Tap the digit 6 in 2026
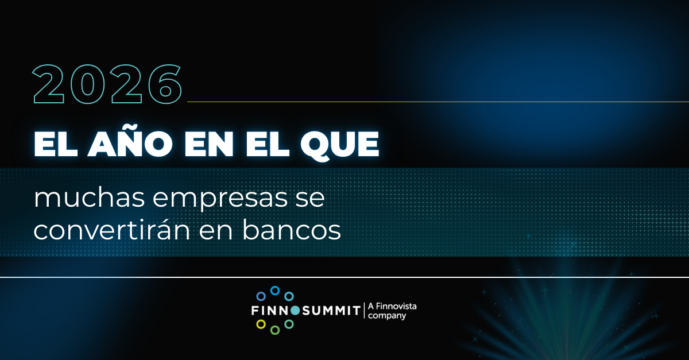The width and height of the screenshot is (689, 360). pyautogui.click(x=165, y=84)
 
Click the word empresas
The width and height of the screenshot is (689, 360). pyautogui.click(x=220, y=200)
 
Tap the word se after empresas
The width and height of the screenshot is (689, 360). pyautogui.click(x=310, y=199)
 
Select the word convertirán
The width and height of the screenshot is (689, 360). pyautogui.click(x=112, y=230)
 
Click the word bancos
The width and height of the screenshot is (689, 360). pyautogui.click(x=292, y=230)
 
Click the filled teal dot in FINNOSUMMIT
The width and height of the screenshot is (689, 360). pyautogui.click(x=295, y=311)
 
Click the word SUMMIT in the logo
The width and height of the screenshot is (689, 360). pyautogui.click(x=331, y=311)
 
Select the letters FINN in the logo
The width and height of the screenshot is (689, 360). pyautogui.click(x=270, y=311)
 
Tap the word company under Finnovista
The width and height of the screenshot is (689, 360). pyautogui.click(x=387, y=316)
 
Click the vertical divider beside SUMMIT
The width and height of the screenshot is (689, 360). pyautogui.click(x=364, y=311)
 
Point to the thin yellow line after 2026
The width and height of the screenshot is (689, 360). pyautogui.click(x=438, y=102)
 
